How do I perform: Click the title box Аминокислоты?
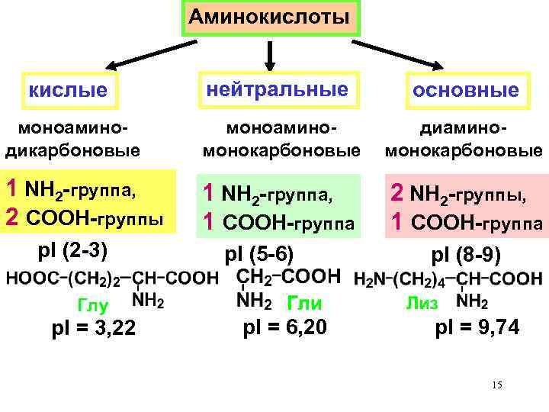pyautogui.click(x=269, y=18)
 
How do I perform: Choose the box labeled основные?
pyautogui.click(x=466, y=91)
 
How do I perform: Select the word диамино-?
pyautogui.click(x=464, y=131)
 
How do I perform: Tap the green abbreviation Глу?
pyautogui.click(x=92, y=306)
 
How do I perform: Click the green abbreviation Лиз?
pyautogui.click(x=421, y=304)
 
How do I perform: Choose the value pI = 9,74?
pyautogui.click(x=478, y=329)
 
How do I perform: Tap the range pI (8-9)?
pyautogui.click(x=465, y=253)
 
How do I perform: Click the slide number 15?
pyautogui.click(x=497, y=385)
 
